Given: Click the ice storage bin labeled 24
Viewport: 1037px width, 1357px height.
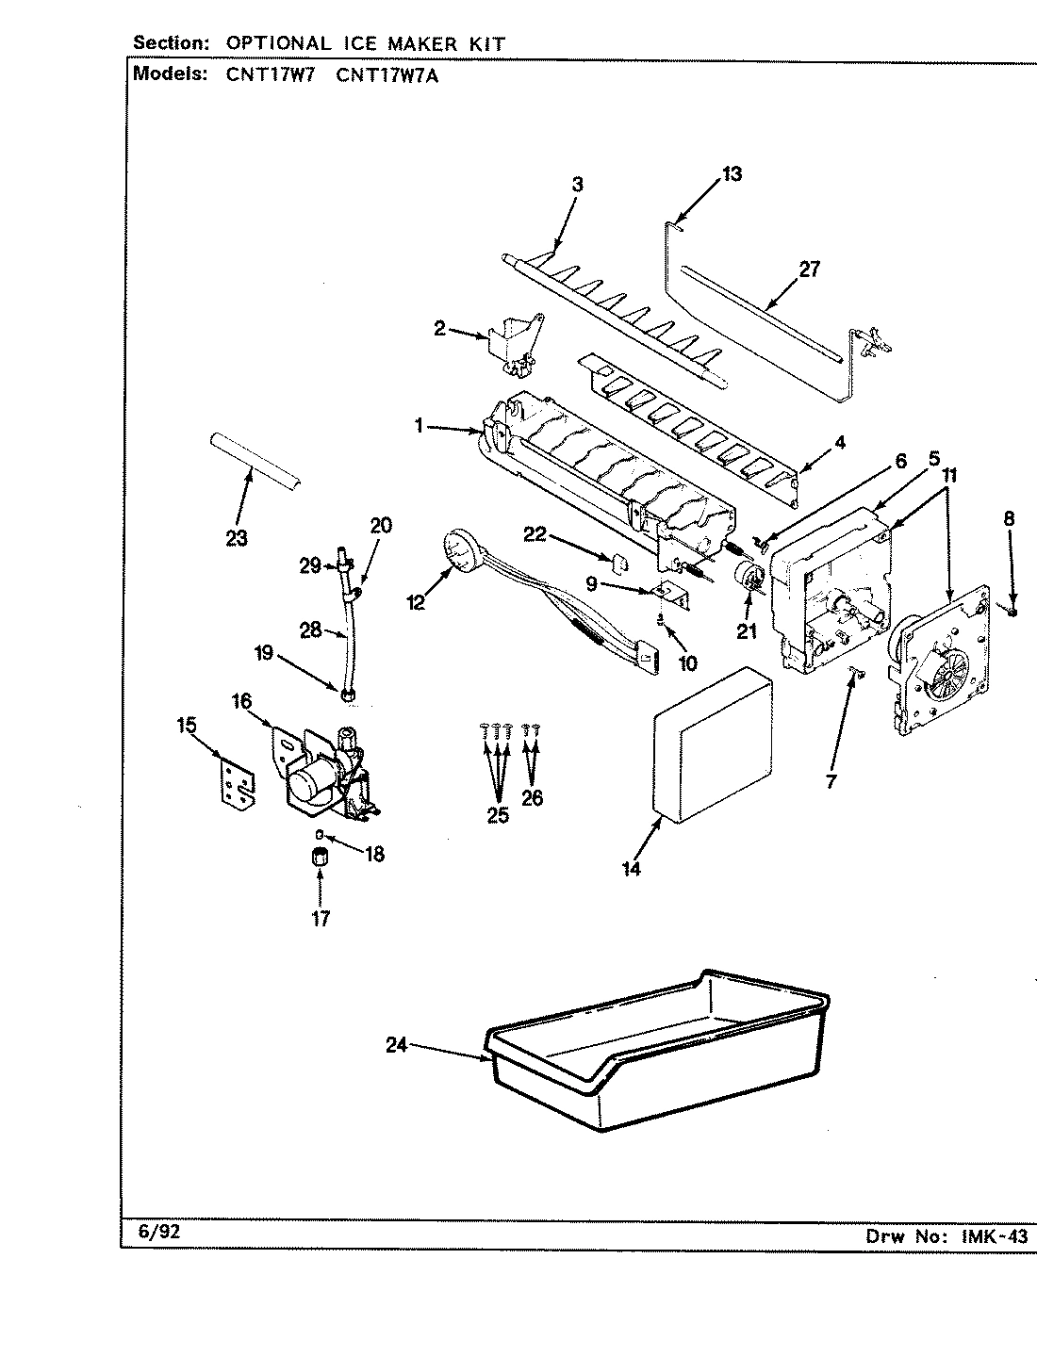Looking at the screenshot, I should coord(650,1065).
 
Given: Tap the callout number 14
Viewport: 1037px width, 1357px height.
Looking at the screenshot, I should coord(631,869).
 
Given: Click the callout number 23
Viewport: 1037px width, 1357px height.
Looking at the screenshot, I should coord(237,538).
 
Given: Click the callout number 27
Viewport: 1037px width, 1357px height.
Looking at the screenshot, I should coord(809,270).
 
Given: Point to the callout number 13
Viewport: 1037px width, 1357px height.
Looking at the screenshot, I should coord(732,174).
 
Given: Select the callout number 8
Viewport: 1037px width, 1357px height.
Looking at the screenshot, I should coord(1009,517).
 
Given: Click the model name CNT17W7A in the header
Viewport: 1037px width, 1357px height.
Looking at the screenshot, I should coord(387,75).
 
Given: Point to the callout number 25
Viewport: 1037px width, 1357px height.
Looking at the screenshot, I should coord(497,815).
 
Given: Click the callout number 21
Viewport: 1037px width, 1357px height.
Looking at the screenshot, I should coord(747,632).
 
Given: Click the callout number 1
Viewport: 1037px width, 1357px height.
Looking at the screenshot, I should coord(418,426).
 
